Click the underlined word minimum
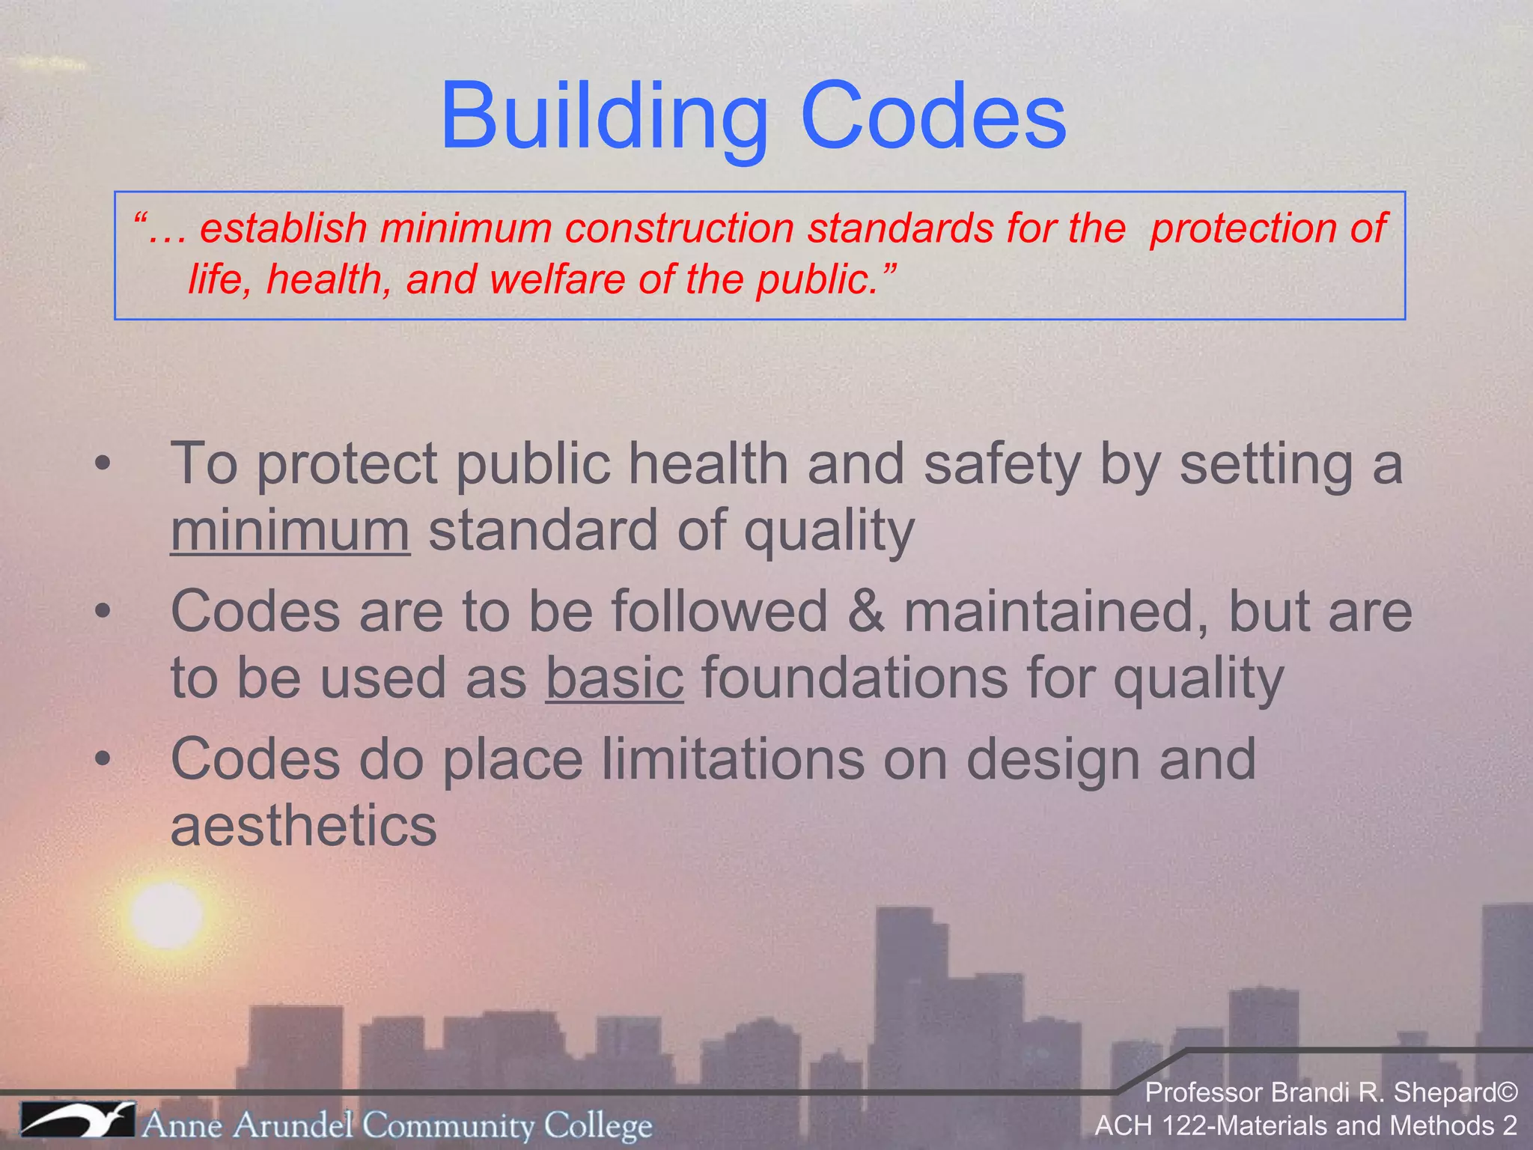pyautogui.click(x=290, y=530)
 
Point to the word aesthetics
pyautogui.click(x=303, y=826)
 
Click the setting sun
pyautogui.click(x=165, y=915)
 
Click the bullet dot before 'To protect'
pyautogui.click(x=103, y=464)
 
